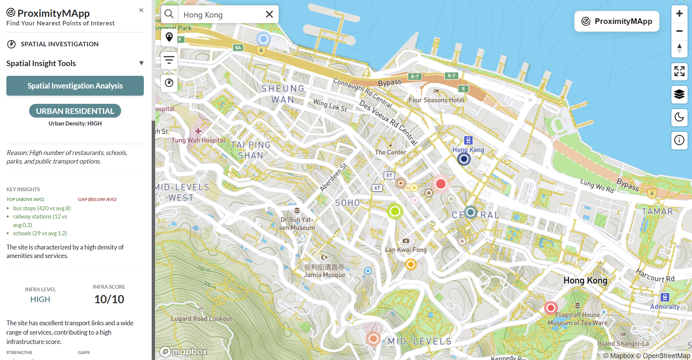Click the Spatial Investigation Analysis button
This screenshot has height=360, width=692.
click(x=75, y=86)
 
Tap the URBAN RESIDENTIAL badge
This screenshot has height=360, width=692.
click(x=75, y=111)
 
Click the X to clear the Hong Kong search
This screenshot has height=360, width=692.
click(x=269, y=15)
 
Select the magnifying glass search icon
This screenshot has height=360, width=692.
click(x=169, y=14)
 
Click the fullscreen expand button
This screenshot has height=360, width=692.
click(x=679, y=71)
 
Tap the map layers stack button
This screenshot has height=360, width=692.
click(x=679, y=94)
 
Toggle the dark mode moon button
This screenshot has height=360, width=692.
click(x=679, y=117)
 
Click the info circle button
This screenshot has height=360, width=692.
click(x=679, y=140)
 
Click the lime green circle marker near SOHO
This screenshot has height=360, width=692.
click(x=395, y=211)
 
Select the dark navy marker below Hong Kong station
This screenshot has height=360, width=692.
click(x=464, y=159)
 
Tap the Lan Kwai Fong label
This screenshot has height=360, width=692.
click(x=405, y=249)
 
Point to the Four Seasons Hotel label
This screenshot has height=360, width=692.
click(x=436, y=100)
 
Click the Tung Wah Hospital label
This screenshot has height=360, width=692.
click(x=198, y=140)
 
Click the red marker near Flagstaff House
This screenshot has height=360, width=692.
click(x=550, y=308)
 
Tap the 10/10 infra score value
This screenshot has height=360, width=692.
click(x=109, y=299)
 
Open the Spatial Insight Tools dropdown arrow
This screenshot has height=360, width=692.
click(x=141, y=63)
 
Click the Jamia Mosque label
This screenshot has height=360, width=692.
click(x=324, y=274)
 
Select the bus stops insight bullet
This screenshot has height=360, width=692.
click(x=41, y=208)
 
